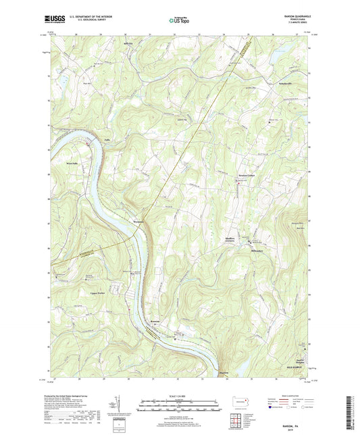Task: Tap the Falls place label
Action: coord(107,140)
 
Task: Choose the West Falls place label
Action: coord(73,163)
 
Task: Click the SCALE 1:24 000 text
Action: coord(179,396)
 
